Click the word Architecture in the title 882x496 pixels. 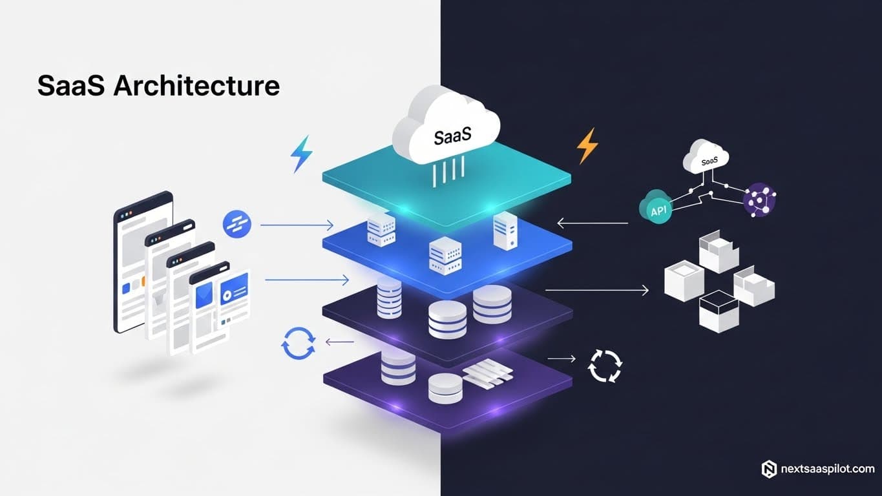(x=196, y=86)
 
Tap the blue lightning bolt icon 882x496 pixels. (x=301, y=154)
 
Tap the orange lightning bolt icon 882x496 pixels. (x=587, y=145)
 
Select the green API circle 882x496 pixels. (x=655, y=207)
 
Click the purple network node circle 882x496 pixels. (x=759, y=200)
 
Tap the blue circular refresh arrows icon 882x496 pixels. (x=299, y=343)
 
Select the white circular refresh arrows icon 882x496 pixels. (x=604, y=366)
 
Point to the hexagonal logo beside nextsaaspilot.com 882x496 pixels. (x=769, y=469)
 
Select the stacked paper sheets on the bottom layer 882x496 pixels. (x=488, y=373)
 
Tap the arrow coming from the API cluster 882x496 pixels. (x=592, y=223)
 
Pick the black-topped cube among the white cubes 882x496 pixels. (x=719, y=310)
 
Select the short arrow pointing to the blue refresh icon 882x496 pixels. (x=340, y=342)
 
